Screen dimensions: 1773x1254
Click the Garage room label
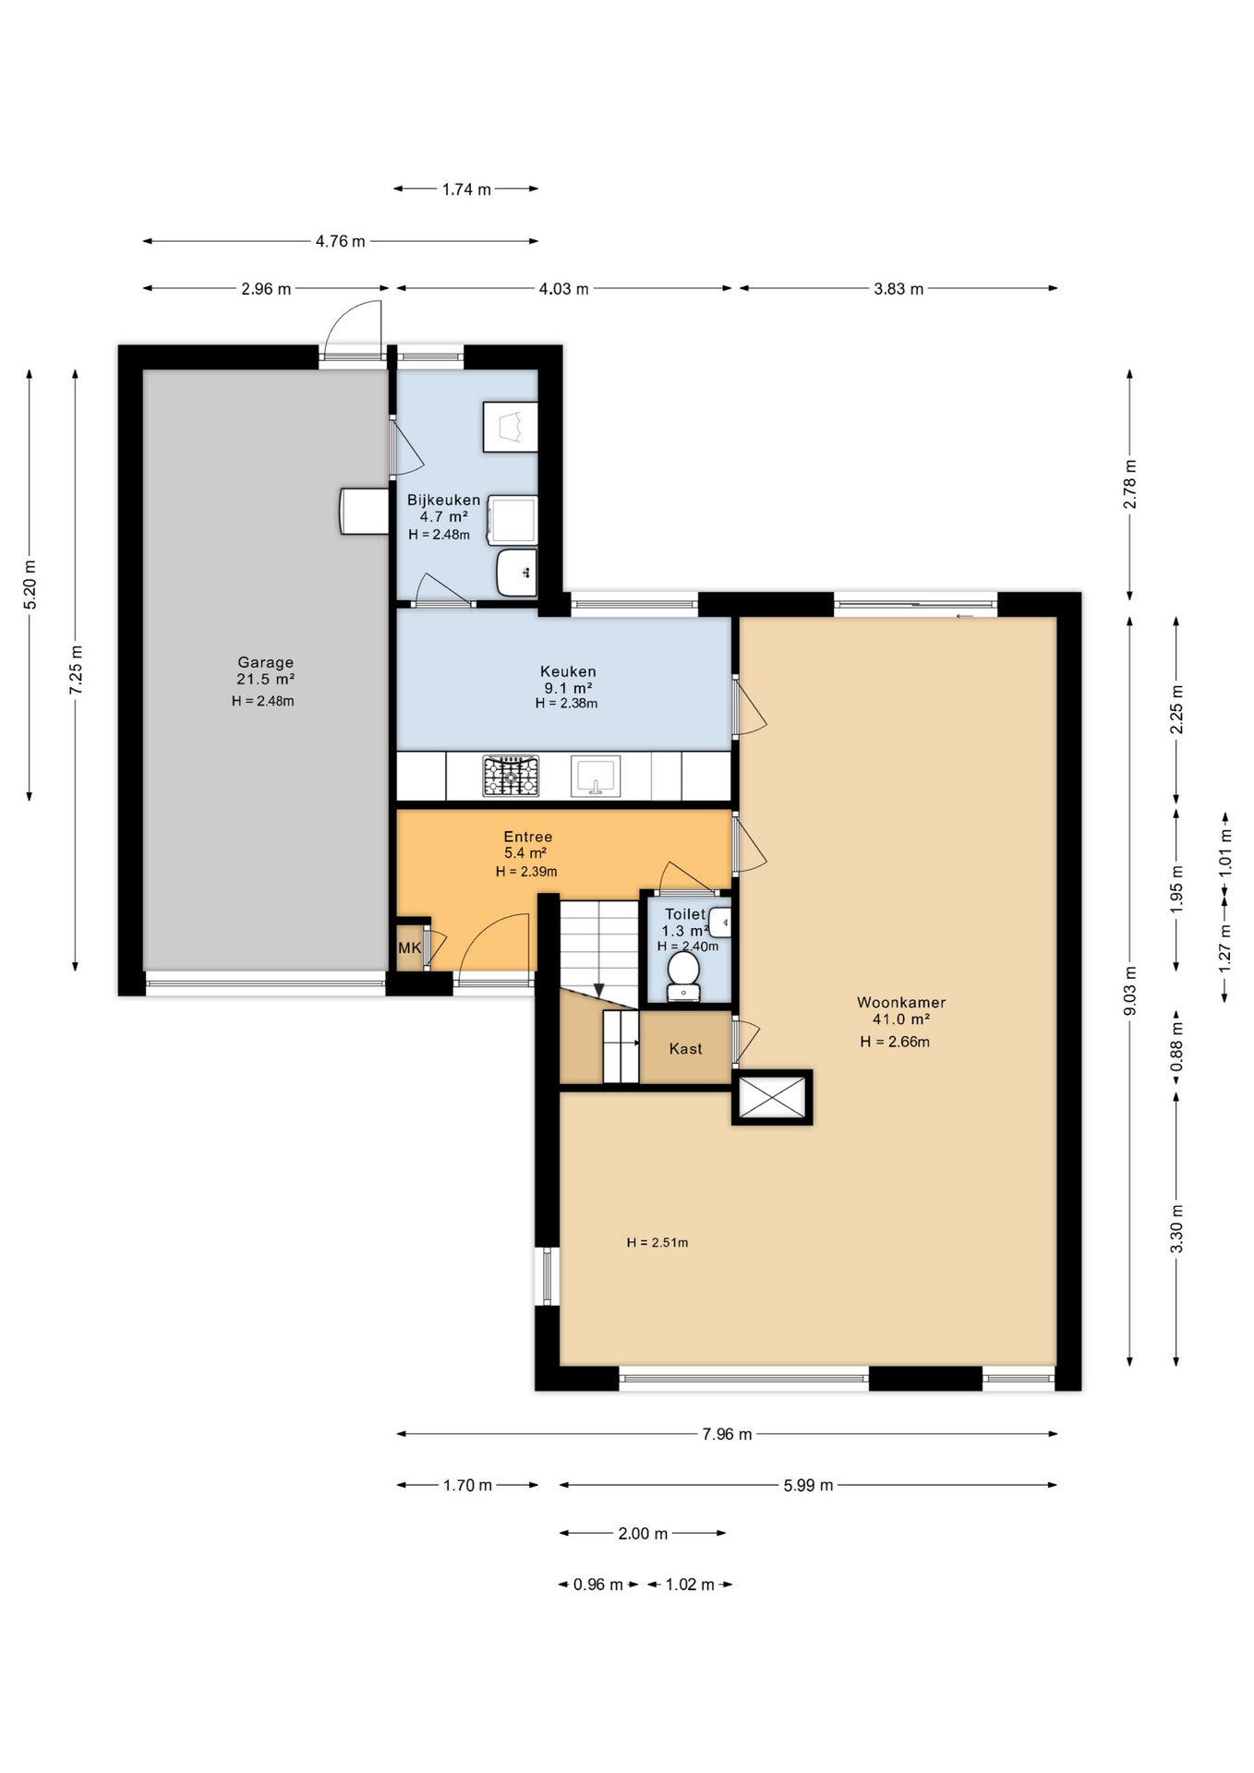click(x=265, y=662)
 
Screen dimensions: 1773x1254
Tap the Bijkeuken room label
click(x=443, y=500)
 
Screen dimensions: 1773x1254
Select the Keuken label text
click(x=568, y=671)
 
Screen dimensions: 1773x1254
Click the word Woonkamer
click(x=900, y=1002)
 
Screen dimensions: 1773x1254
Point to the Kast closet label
click(x=685, y=1048)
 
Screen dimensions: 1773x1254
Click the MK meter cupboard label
click(x=409, y=947)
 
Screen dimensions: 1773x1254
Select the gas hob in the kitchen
click(x=511, y=776)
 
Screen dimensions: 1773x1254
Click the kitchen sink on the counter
click(x=595, y=776)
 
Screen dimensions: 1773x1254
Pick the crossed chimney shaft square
click(x=772, y=1097)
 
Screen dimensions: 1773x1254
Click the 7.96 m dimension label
click(x=727, y=1434)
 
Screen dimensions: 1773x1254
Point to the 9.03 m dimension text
click(x=1129, y=991)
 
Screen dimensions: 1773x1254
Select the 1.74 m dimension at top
click(x=465, y=189)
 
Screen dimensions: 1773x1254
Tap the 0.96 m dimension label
click(x=597, y=1585)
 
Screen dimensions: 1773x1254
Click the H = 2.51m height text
click(x=657, y=1242)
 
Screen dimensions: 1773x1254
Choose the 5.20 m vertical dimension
click(x=30, y=585)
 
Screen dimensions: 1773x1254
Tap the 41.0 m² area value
click(x=900, y=1019)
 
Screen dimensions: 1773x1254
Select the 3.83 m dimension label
click(x=898, y=289)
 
